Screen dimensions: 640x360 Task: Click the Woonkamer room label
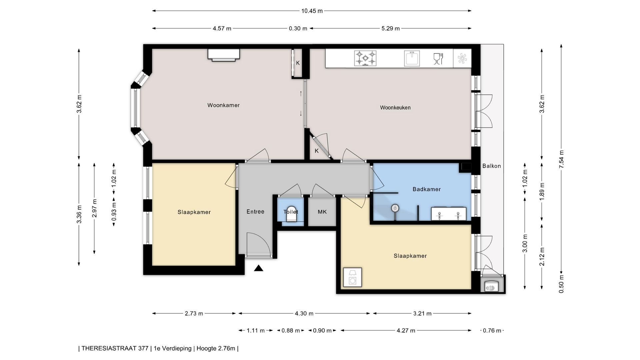(x=223, y=105)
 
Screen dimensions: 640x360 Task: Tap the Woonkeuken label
(x=395, y=108)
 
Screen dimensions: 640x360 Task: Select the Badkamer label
(x=427, y=189)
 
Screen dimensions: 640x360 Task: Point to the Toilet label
(x=291, y=212)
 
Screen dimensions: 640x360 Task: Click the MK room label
(x=322, y=212)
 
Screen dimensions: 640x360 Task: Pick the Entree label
(x=255, y=212)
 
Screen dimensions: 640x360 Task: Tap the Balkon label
(x=492, y=166)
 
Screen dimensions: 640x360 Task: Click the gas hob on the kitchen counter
(x=365, y=58)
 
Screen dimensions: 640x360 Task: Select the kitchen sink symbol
(x=412, y=58)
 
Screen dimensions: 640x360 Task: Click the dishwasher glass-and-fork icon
(x=438, y=59)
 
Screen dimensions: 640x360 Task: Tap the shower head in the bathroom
(x=395, y=208)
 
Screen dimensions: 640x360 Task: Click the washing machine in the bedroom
(x=352, y=277)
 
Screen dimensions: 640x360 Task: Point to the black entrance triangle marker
(x=259, y=268)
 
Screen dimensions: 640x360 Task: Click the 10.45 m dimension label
(x=312, y=11)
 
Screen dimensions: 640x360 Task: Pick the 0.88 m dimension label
(x=290, y=331)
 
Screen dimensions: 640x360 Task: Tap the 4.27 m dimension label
(x=406, y=331)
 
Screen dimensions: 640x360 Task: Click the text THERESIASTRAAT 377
(x=115, y=349)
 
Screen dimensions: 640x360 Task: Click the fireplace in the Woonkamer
(x=224, y=55)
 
